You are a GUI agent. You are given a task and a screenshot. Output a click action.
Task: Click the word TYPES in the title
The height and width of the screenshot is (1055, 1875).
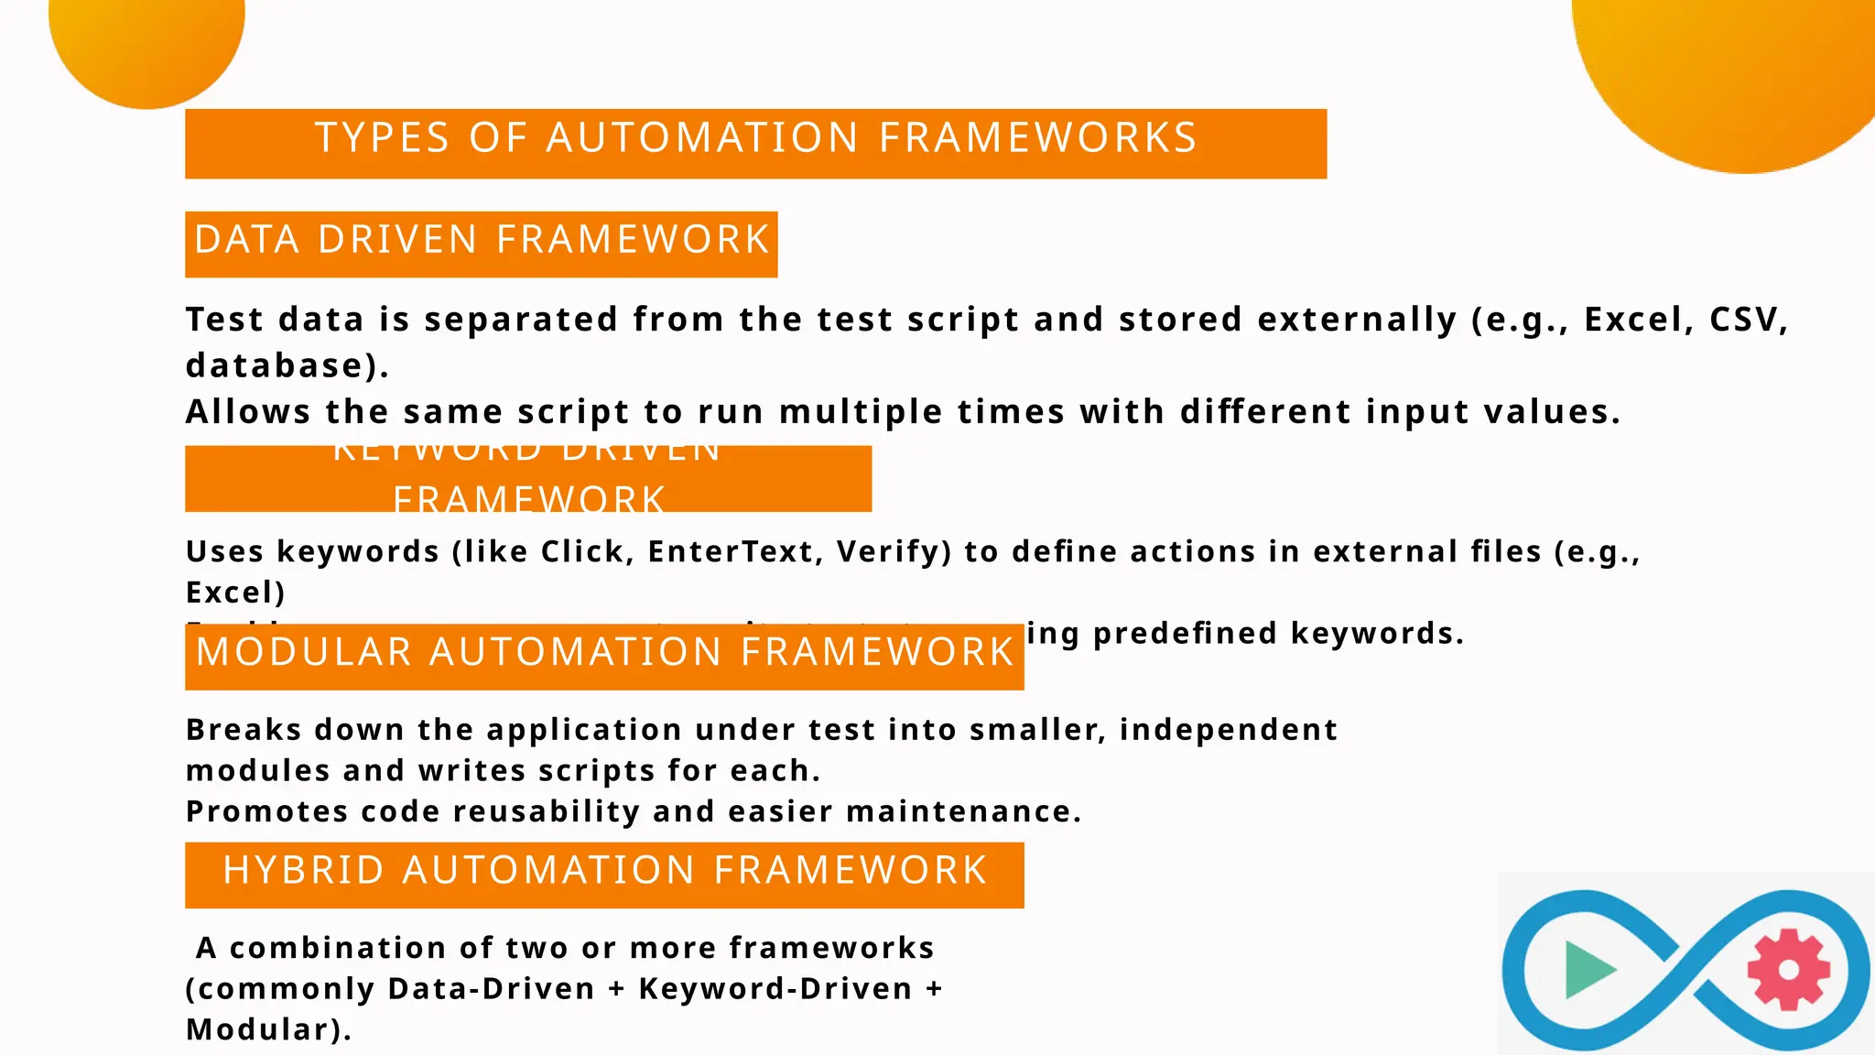[382, 138]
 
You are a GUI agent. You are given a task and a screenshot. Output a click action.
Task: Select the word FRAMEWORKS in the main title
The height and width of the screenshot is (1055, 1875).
[1038, 138]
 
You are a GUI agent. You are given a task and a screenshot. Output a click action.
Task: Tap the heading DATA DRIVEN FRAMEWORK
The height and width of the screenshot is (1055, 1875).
[482, 240]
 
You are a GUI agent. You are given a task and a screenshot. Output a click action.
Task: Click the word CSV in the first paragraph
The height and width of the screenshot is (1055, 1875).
[1747, 320]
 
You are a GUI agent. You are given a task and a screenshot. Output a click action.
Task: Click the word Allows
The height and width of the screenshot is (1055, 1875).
[248, 412]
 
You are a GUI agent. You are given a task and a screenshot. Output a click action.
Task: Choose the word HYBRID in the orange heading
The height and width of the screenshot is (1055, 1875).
[304, 870]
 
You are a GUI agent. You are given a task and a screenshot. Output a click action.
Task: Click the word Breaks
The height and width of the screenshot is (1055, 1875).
[244, 730]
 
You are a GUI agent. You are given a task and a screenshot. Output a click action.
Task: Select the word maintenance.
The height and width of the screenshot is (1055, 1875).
[964, 811]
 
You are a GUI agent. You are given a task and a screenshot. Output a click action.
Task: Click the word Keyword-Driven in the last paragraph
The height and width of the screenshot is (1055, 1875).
[775, 989]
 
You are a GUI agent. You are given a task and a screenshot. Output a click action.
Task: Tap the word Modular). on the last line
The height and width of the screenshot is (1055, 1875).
[268, 1029]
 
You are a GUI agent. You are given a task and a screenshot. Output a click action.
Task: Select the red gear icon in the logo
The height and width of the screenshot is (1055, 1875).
[1788, 969]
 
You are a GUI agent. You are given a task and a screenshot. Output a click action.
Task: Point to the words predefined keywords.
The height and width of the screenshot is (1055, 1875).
[1278, 633]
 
